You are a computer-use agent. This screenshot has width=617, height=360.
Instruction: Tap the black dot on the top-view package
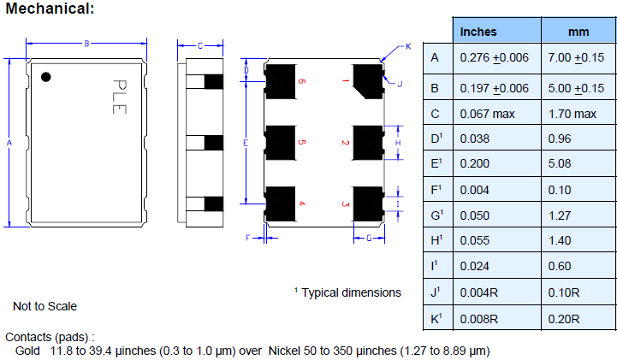point(47,77)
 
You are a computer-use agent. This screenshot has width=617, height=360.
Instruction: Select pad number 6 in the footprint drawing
point(280,81)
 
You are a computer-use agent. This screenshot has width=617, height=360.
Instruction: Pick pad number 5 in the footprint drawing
point(280,142)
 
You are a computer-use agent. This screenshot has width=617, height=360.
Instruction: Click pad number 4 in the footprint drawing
point(280,203)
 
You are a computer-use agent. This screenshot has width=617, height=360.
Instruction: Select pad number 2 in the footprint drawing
point(368,142)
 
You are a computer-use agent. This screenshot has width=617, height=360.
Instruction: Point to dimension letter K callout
point(407,46)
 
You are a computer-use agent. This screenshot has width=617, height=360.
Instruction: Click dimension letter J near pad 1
point(400,83)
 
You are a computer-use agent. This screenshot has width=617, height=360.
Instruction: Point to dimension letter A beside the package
point(9,143)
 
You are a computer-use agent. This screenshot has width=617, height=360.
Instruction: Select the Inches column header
point(478,32)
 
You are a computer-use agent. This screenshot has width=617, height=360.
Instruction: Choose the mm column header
point(578,32)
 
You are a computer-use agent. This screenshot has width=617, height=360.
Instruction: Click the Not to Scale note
point(44,305)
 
